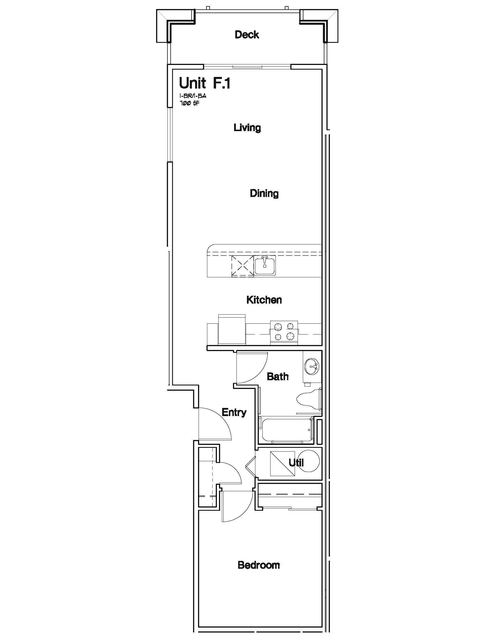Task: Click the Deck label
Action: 247,35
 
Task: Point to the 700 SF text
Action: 189,103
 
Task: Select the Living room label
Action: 247,128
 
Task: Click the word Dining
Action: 264,193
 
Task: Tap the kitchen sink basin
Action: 265,266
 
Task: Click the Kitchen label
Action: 264,300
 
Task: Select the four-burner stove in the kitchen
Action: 284,332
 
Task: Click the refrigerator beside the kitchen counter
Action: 232,329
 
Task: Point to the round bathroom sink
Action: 312,367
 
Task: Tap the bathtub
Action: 286,430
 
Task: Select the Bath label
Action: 278,376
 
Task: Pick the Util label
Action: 296,463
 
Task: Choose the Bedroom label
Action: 259,565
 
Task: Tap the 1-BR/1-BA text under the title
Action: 193,96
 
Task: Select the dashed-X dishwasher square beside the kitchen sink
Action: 243,266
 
